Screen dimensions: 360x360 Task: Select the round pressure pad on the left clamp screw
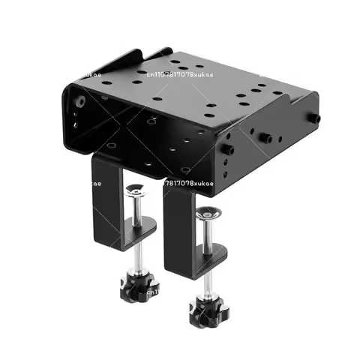pos(136,190)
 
